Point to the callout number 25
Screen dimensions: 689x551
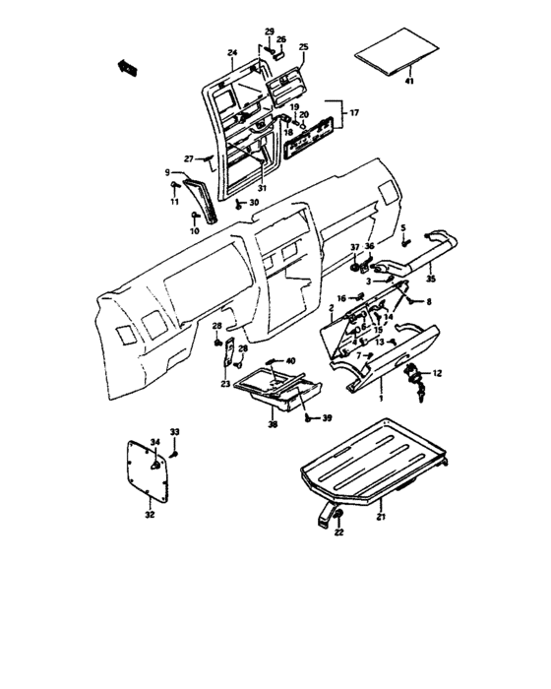[303, 46]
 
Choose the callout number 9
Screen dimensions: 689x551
[167, 173]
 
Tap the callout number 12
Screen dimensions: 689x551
[438, 373]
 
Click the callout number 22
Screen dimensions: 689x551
[339, 532]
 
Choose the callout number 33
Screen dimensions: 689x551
[175, 432]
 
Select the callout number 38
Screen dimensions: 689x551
[274, 425]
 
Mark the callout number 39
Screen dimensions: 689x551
[327, 417]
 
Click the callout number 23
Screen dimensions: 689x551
[225, 384]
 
